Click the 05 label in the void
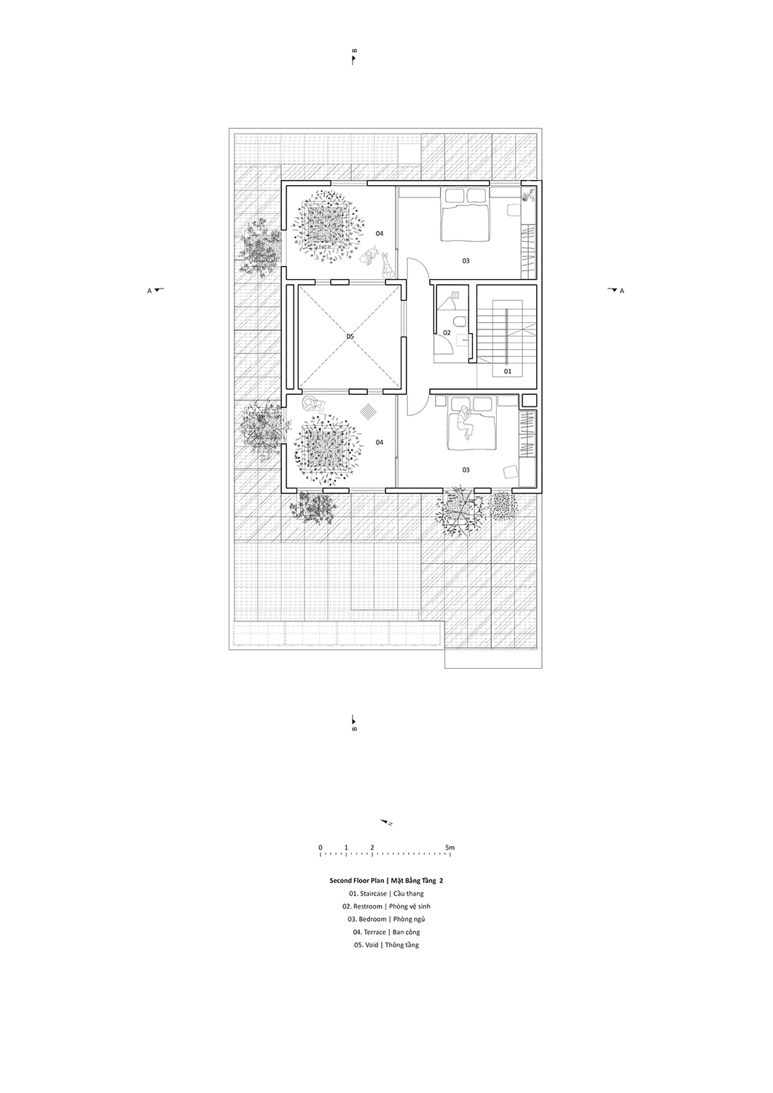pyautogui.click(x=350, y=336)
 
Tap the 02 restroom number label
pyautogui.click(x=447, y=333)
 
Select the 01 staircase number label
pyautogui.click(x=508, y=372)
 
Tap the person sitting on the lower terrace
pyautogui.click(x=313, y=404)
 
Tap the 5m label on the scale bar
pyautogui.click(x=450, y=847)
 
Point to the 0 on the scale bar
pyautogui.click(x=320, y=847)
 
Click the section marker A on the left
pyautogui.click(x=156, y=290)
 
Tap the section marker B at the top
pyautogui.click(x=354, y=56)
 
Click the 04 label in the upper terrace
pyautogui.click(x=379, y=233)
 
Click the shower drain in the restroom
pyautogui.click(x=455, y=294)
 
